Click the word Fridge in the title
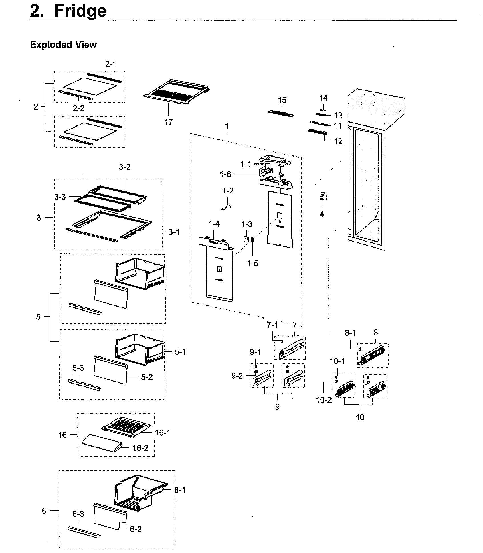pos(80,11)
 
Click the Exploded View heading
pos(63,45)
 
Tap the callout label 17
pos(168,122)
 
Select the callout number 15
pos(282,100)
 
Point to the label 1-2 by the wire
pos(228,191)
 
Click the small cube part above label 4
pos(323,196)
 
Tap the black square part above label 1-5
pos(252,240)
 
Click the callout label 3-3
pos(60,197)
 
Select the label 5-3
pos(78,368)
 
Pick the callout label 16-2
pos(140,448)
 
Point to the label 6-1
pos(180,490)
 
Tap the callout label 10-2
pos(324,400)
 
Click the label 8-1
pos(350,333)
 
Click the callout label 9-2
pos(237,376)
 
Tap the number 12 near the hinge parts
pos(338,141)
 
